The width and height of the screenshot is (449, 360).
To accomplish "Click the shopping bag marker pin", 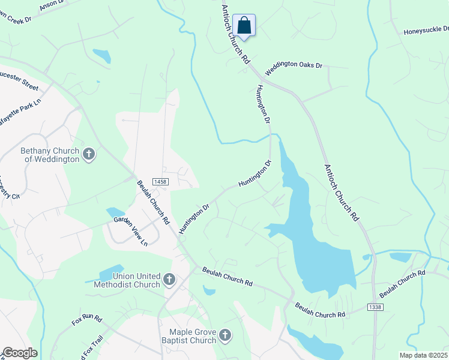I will pyautogui.click(x=244, y=26).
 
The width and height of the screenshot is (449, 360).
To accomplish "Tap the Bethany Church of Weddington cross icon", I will pyautogui.click(x=88, y=155).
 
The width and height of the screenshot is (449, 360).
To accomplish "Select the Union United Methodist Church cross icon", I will pyautogui.click(x=169, y=279).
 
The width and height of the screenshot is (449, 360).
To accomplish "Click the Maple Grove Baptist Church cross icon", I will pyautogui.click(x=224, y=335).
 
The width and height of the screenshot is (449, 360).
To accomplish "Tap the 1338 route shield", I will pyautogui.click(x=374, y=307).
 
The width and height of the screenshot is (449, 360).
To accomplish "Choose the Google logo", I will pyautogui.click(x=20, y=353).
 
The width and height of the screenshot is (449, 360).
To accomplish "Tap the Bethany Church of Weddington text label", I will pyautogui.click(x=50, y=155).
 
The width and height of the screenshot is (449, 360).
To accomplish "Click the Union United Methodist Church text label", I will pyautogui.click(x=127, y=280).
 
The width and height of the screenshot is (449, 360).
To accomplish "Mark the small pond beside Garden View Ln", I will pyautogui.click(x=115, y=212).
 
